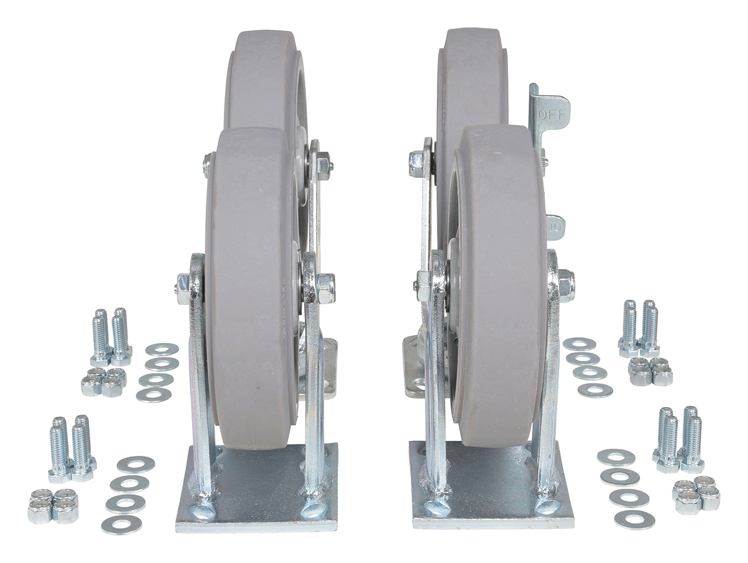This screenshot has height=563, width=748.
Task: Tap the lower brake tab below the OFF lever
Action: (x=555, y=228)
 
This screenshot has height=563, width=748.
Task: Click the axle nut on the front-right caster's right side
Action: (x=565, y=286)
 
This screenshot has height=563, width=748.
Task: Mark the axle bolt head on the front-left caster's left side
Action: (x=183, y=289)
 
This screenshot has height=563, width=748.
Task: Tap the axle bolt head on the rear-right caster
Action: (x=416, y=163)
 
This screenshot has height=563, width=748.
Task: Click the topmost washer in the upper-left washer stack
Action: (x=162, y=349)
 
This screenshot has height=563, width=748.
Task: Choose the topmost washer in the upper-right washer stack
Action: (x=579, y=344)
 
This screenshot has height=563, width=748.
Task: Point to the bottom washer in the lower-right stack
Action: (x=635, y=519)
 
